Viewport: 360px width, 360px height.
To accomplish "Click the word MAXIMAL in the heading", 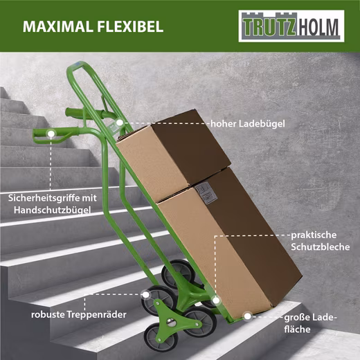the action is coord(57,26).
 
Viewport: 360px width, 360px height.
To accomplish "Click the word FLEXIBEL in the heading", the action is coord(130,26).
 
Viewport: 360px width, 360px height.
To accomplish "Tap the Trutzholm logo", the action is coord(291,26).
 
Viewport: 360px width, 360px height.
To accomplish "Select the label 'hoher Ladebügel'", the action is coord(248,124).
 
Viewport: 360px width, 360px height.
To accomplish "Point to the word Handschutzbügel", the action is coord(52,210).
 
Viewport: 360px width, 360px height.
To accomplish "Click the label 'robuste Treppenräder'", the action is coord(79,314).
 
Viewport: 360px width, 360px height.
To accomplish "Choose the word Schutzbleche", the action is coord(320,247).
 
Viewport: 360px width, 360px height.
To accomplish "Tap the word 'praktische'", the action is coord(314,235).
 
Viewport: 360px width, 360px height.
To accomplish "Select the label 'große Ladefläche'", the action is coord(310,323).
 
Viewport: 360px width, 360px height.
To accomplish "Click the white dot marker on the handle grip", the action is coord(51,134).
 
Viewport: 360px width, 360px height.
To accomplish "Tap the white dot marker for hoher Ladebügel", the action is coord(119,123).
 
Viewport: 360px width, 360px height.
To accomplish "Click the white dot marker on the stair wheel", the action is coord(145,295).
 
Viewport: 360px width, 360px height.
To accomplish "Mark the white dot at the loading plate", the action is coord(247,316).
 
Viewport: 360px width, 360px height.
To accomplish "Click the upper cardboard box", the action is coord(174,154).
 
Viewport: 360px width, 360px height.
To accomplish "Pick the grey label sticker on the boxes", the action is coord(204,192).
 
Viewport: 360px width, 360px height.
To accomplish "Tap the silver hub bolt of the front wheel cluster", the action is coord(170,322).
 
